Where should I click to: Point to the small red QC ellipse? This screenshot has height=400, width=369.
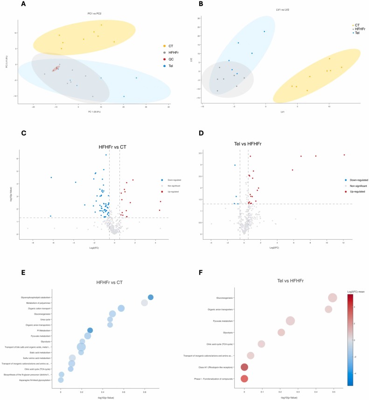click(x=56, y=69)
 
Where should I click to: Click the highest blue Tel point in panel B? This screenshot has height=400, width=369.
click(x=265, y=32)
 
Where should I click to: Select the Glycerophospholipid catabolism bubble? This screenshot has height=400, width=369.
click(x=151, y=297)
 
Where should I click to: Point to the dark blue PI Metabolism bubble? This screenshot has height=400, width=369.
click(x=90, y=330)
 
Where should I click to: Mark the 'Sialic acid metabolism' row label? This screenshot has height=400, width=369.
click(x=40, y=352)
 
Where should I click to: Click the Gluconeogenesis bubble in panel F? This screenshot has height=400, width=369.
click(x=333, y=298)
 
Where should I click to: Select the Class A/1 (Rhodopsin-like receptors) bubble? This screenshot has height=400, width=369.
click(x=244, y=367)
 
